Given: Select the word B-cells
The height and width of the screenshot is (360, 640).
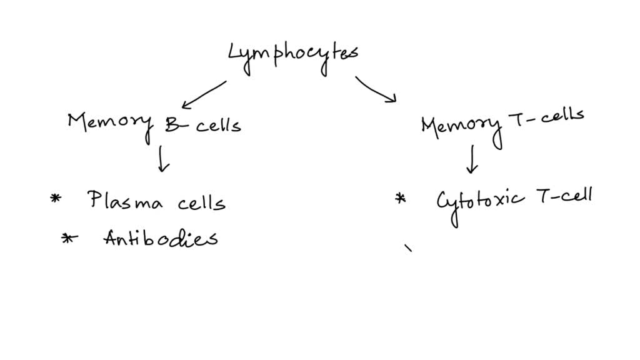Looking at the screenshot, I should [203, 124].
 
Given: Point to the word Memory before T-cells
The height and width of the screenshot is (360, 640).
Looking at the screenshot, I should [461, 126].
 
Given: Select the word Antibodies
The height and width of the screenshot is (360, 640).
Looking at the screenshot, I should [161, 238].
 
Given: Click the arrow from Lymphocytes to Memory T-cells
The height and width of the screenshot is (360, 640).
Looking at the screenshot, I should [376, 89].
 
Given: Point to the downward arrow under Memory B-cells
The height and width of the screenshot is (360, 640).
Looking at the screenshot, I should [163, 159].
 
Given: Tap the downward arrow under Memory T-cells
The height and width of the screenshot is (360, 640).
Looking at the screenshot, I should [472, 159].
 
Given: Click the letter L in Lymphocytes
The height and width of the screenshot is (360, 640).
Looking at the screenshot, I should [237, 54].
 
